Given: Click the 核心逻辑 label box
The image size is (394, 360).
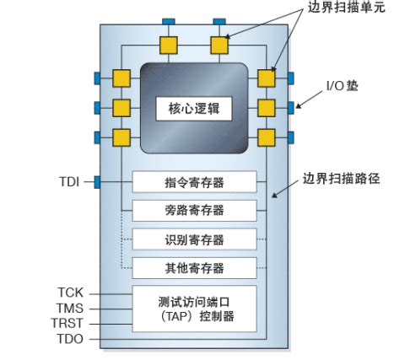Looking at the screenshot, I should (194, 109).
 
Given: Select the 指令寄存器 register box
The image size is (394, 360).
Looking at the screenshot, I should (194, 181).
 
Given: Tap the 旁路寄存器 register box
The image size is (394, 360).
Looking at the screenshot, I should (194, 211).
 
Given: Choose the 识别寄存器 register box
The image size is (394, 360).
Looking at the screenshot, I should (194, 239).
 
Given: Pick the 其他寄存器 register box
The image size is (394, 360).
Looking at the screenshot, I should (194, 268).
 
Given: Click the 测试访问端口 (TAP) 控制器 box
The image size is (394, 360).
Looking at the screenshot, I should (194, 309).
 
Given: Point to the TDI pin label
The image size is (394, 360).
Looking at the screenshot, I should (69, 181).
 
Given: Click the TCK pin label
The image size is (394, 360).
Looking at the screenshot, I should (70, 293).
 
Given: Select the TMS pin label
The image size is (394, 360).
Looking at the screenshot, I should (70, 308).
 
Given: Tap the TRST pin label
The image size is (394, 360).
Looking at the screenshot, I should (68, 324).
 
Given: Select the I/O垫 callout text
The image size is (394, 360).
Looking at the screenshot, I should (343, 86).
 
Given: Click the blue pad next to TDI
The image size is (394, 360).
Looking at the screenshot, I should (97, 181).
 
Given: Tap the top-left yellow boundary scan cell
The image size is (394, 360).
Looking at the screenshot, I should (169, 44).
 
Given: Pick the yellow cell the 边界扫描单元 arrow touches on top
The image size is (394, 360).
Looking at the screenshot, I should (219, 44).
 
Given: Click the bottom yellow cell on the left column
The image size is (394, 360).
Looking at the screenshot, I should (121, 137).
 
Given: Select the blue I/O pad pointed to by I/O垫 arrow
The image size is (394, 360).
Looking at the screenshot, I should (291, 107).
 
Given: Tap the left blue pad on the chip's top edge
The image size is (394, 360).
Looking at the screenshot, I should (169, 20).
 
